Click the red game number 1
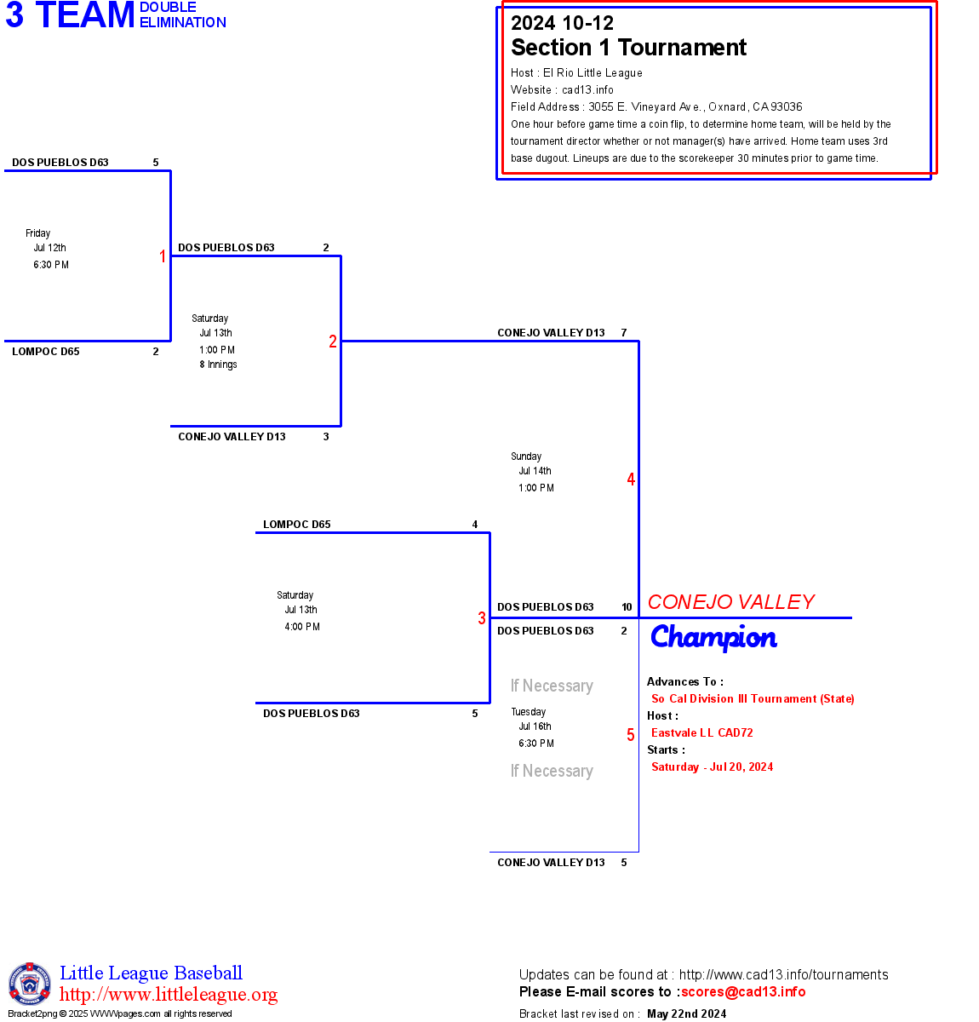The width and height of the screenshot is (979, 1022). click(163, 256)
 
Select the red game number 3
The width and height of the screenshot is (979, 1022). click(482, 618)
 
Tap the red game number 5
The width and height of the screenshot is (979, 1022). click(631, 735)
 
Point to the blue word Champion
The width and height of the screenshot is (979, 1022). click(713, 638)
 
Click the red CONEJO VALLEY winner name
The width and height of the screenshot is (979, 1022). click(730, 602)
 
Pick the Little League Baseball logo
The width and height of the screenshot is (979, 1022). click(30, 984)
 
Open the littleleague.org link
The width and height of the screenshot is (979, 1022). click(169, 995)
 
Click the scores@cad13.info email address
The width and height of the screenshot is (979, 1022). click(743, 991)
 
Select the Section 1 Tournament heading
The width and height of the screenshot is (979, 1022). click(628, 48)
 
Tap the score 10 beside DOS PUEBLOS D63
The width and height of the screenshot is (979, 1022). click(627, 607)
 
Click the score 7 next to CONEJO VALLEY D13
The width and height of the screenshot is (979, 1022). click(624, 333)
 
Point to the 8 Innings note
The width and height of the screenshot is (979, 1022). click(219, 365)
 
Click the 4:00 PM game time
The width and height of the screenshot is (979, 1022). click(302, 627)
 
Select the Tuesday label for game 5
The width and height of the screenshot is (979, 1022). click(529, 712)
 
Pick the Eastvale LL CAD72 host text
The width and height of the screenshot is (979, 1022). click(702, 732)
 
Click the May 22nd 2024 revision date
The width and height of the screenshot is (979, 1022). click(686, 1013)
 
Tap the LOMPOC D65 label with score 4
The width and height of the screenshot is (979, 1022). click(297, 525)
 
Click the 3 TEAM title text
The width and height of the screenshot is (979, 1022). click(71, 15)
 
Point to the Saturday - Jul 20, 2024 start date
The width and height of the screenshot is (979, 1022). click(713, 766)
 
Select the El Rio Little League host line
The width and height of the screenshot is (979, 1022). click(576, 73)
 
